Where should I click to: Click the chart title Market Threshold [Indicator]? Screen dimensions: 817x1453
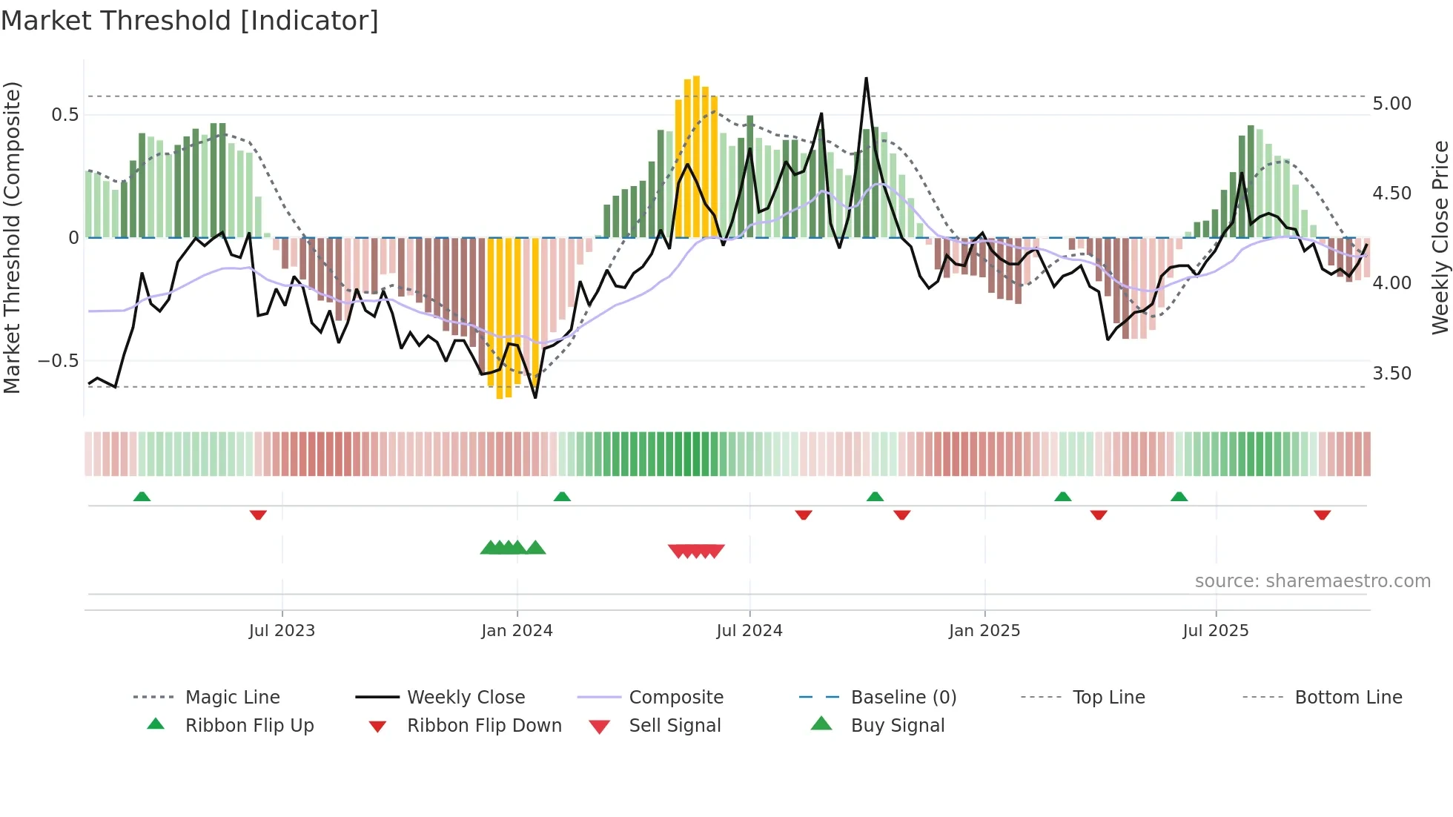coord(190,21)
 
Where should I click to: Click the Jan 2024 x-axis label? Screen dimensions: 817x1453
coord(517,631)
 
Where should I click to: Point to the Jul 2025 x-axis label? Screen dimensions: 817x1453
coord(1215,631)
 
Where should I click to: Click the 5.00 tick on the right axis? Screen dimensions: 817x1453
coord(1391,104)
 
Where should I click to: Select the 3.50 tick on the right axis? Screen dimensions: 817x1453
coord(1391,374)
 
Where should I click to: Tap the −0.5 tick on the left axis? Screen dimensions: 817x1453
coord(58,361)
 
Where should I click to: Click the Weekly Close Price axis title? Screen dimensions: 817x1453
coord(1440,237)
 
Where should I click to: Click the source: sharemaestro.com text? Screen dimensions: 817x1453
coord(1312,581)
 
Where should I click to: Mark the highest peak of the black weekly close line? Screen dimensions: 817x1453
coord(866,78)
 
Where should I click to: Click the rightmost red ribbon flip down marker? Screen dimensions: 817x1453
coord(1322,515)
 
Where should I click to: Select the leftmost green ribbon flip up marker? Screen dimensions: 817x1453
coord(142,496)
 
